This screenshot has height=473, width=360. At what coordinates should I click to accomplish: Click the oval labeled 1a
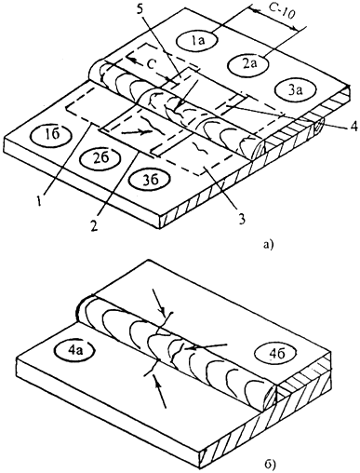pos(197,40)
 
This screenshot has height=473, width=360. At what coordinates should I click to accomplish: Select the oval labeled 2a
pos(247,64)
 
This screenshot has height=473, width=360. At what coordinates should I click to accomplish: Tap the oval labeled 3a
pos(297,89)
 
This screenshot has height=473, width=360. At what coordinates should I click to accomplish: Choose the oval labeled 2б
pos(100,157)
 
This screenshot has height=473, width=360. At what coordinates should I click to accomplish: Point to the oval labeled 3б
pos(150,179)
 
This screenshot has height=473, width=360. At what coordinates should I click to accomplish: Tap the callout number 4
pos(353,126)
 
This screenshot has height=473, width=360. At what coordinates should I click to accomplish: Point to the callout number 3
pos(241,217)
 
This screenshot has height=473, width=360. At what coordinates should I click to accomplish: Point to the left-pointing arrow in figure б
pos(206,347)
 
